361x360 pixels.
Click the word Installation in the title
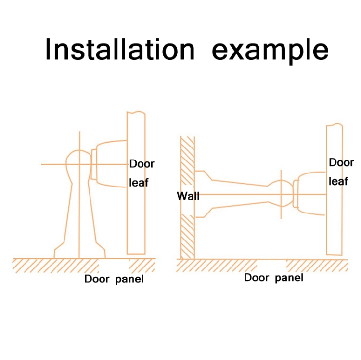pos(120,49)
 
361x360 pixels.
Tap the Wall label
pos(188,196)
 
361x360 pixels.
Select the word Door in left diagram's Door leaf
pos(142,164)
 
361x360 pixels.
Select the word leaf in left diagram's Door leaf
pos(140,183)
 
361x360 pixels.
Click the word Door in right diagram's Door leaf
pos(341,162)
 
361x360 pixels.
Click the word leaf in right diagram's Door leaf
pos(338,181)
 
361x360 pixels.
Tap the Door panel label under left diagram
pos(114,279)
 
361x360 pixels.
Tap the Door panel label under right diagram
pos(273,278)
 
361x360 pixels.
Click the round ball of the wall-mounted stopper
pos(281,194)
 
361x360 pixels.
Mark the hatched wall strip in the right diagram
pos(187,227)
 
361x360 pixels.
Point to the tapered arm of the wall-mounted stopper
pos(238,195)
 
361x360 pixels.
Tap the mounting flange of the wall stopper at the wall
pos(201,194)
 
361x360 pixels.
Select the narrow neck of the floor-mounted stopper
pos(79,207)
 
